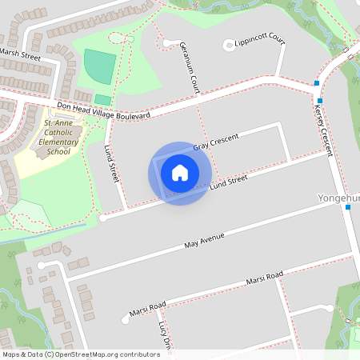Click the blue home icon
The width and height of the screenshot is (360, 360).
180,174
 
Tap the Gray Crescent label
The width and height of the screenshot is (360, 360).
215,142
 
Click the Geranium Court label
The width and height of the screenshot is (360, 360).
190,67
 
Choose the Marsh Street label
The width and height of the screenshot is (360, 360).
20,54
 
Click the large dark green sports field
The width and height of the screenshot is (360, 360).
99,66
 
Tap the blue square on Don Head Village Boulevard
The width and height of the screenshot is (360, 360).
317,82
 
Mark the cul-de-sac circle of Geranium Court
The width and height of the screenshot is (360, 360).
167,43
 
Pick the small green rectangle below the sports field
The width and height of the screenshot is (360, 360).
103,99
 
